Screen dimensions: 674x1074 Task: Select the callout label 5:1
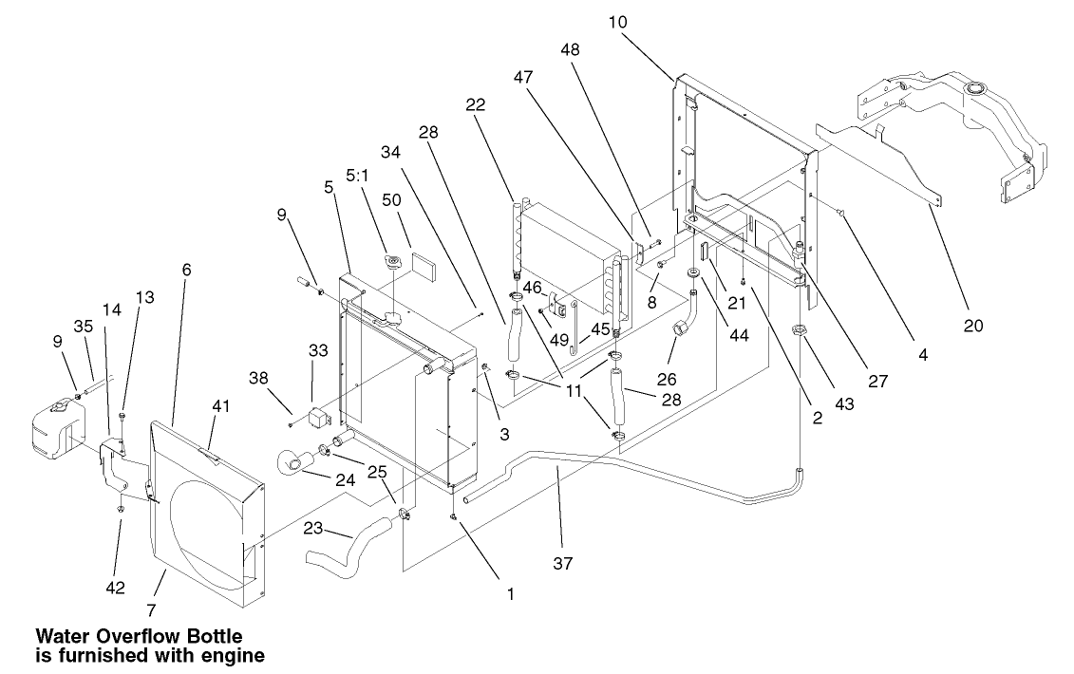point(358,176)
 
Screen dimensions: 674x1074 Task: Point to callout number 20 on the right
point(972,326)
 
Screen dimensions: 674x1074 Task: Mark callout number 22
point(476,105)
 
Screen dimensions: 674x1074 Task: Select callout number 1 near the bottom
point(510,595)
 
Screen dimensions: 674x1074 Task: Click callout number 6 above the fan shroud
point(186,270)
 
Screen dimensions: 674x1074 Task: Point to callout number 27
point(879,380)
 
